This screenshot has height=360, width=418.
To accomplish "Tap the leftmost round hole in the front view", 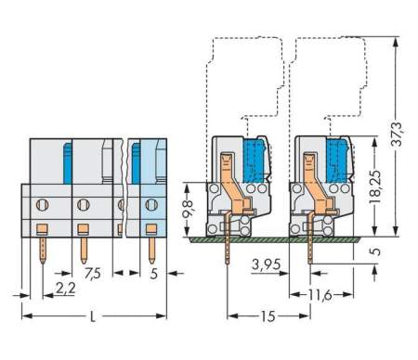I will click(x=42, y=202).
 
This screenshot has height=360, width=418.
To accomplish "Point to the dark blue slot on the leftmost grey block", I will click(x=67, y=163).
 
